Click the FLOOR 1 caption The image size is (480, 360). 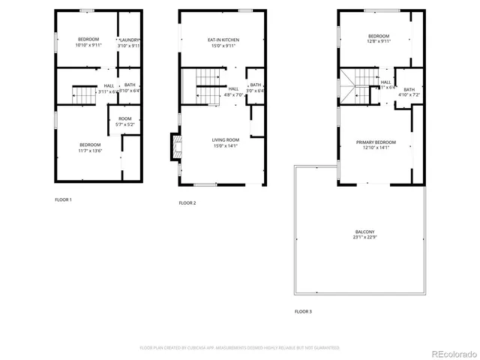pyautogui.click(x=63, y=199)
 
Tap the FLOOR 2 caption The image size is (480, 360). pyautogui.click(x=187, y=203)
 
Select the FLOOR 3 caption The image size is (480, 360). pyautogui.click(x=303, y=310)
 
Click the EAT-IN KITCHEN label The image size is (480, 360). pyautogui.click(x=223, y=40)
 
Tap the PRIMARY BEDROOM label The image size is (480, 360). pyautogui.click(x=378, y=142)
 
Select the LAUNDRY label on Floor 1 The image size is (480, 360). pyautogui.click(x=130, y=40)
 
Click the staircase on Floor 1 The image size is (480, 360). pyautogui.click(x=84, y=95)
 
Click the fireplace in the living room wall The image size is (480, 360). pyautogui.click(x=175, y=147)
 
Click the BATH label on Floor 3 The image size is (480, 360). pyautogui.click(x=409, y=90)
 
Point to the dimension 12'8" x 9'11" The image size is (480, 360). pyautogui.click(x=378, y=43)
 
